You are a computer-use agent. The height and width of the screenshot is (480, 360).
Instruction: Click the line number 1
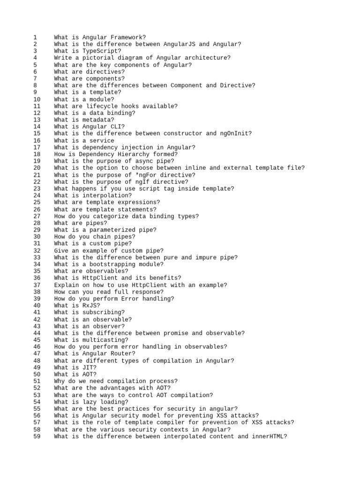35,37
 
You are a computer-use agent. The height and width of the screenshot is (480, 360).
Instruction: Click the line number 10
37,99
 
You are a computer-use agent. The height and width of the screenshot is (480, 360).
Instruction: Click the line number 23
37,188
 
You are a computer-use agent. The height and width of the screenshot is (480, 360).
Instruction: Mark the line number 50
37,375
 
